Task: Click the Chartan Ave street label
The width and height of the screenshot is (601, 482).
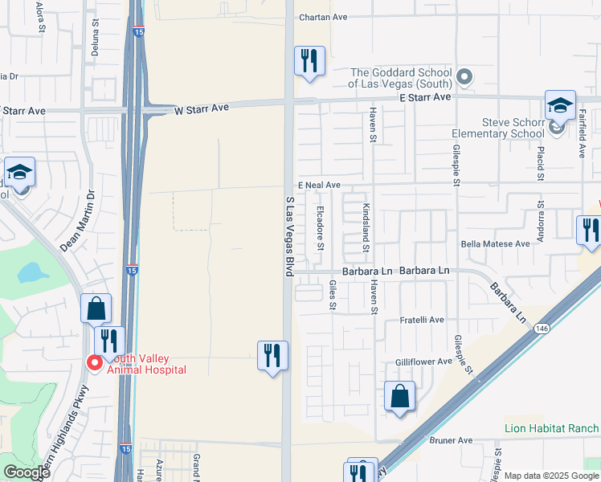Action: [322, 17]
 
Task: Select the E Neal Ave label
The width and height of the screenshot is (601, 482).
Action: [319, 185]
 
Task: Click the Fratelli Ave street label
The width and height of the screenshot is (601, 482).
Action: [422, 320]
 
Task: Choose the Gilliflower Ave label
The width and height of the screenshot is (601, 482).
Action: [423, 361]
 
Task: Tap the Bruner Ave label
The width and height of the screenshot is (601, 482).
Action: [454, 440]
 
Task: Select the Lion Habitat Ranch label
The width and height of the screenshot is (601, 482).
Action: [551, 428]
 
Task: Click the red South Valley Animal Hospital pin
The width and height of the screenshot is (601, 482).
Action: [94, 363]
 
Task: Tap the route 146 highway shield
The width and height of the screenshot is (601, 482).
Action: [541, 328]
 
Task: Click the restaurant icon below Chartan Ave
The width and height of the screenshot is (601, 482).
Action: [309, 61]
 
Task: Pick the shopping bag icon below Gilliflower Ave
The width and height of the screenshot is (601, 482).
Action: [399, 396]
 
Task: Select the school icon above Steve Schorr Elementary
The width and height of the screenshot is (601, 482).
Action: [560, 105]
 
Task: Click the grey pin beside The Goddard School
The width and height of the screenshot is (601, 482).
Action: [464, 78]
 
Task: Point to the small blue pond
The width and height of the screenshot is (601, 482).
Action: [32, 273]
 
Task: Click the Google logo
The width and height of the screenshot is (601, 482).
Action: [27, 472]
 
